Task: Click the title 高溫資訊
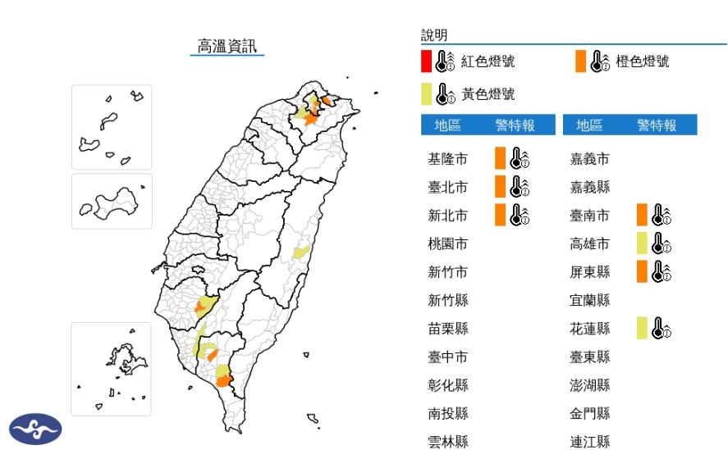point(227,45)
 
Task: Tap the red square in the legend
point(426,61)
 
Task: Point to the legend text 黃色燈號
point(488,94)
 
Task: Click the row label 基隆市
point(448,159)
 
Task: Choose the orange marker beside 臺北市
point(499,187)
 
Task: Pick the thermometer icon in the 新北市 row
point(520,215)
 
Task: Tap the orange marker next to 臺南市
point(642,215)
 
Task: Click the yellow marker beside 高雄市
point(642,243)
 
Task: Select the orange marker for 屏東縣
point(642,271)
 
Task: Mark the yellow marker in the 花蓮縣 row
point(642,329)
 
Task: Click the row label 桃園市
point(448,243)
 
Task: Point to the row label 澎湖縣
point(590,385)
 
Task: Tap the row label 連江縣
point(590,442)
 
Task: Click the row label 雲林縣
point(448,442)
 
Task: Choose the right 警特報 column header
point(657,125)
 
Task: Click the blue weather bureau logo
point(35,429)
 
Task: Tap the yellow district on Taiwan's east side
point(301,251)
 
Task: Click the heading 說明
point(434,35)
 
